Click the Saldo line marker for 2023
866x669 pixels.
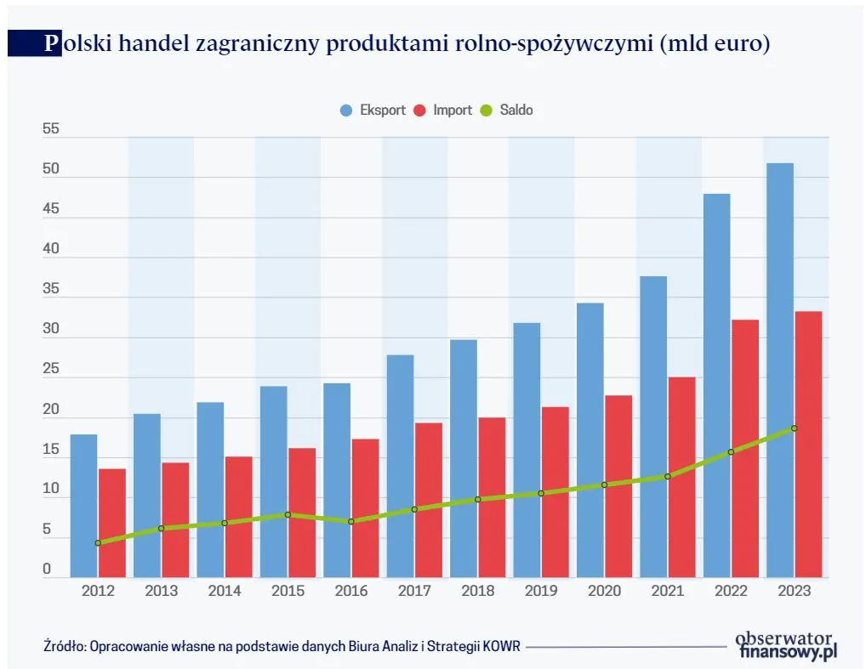click(x=795, y=428)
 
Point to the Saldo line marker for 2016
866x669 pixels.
click(x=351, y=521)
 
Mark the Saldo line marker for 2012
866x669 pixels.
click(x=98, y=542)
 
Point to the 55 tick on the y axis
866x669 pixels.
click(x=51, y=129)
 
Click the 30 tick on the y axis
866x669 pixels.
click(x=51, y=330)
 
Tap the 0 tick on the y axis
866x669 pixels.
click(x=48, y=570)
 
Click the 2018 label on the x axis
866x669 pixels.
click(x=477, y=591)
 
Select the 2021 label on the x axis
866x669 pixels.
click(x=668, y=591)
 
